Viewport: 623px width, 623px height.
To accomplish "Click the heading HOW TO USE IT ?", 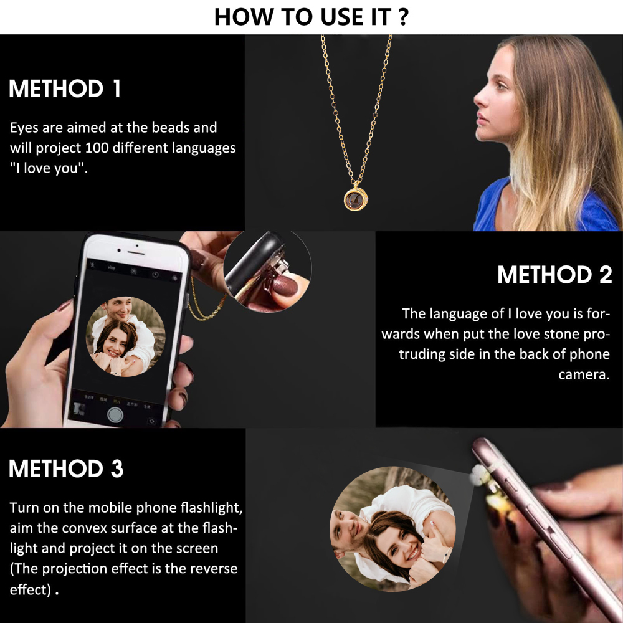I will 311,17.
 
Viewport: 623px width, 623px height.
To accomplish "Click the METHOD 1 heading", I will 65,89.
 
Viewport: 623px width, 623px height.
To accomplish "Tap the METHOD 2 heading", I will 554,275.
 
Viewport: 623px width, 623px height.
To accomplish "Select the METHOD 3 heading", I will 66,468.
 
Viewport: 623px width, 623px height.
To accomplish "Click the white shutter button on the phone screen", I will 115,414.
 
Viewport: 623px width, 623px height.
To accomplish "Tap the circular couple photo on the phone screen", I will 125,336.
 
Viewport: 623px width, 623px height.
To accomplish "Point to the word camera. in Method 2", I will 583,374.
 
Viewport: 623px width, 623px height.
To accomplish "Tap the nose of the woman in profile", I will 476,99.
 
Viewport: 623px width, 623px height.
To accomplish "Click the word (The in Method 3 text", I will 25,569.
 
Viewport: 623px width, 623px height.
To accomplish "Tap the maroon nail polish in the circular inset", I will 284,290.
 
